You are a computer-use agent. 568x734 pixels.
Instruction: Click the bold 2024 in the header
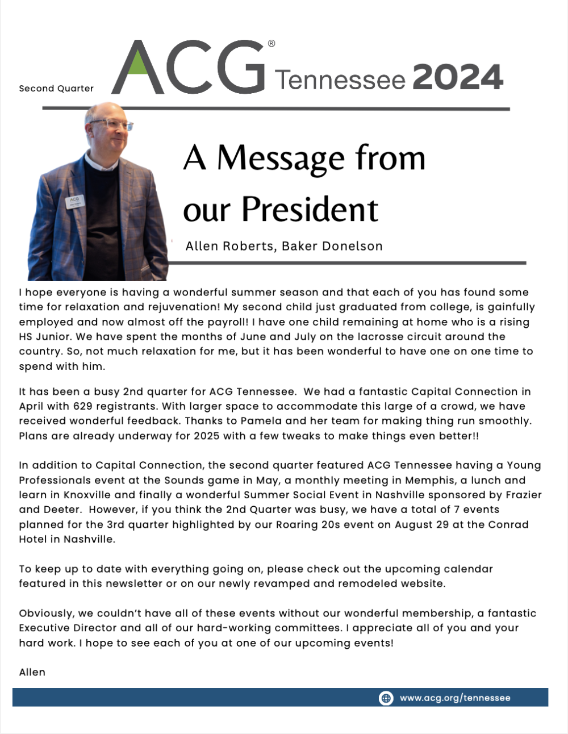pyautogui.click(x=458, y=78)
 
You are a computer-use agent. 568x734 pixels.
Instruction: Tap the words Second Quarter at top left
pyautogui.click(x=56, y=89)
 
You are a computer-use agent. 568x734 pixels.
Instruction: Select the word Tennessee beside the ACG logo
pyautogui.click(x=340, y=80)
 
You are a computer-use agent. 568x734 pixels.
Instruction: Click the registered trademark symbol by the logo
pyautogui.click(x=272, y=44)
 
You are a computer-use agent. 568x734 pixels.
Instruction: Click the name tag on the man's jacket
pyautogui.click(x=75, y=202)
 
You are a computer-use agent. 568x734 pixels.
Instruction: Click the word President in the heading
pyautogui.click(x=310, y=210)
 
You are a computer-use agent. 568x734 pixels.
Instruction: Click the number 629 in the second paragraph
pyautogui.click(x=83, y=406)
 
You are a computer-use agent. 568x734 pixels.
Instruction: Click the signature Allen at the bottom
pyautogui.click(x=32, y=672)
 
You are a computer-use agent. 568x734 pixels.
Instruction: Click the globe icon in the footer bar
pyautogui.click(x=386, y=698)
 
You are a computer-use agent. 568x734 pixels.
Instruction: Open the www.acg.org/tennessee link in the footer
pyautogui.click(x=455, y=698)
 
